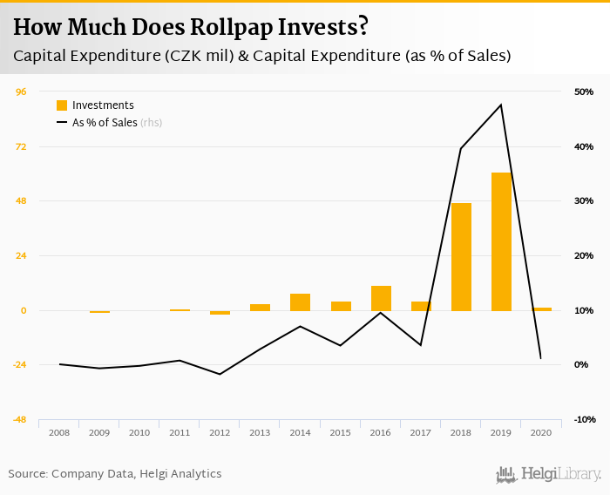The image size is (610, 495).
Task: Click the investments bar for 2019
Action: [x=501, y=241]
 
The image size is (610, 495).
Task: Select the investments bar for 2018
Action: [x=461, y=256]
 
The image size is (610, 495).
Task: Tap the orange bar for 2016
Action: [x=381, y=298]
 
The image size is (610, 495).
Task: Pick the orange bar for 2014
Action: [x=300, y=302]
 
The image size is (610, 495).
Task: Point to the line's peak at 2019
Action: [x=501, y=105]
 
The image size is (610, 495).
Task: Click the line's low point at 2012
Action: [x=220, y=374]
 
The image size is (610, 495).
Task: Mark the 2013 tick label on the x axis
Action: [x=260, y=432]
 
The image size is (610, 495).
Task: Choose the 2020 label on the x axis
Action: [x=541, y=432]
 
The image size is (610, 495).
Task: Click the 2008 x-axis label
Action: [x=59, y=432]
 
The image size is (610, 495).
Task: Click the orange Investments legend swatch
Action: [x=62, y=105]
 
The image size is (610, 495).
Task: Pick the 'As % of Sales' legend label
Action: [x=105, y=123]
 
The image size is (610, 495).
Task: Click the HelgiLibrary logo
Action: [x=548, y=474]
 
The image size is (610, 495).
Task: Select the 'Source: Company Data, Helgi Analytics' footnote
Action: [x=115, y=474]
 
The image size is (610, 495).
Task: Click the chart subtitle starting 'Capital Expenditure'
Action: [x=261, y=56]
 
